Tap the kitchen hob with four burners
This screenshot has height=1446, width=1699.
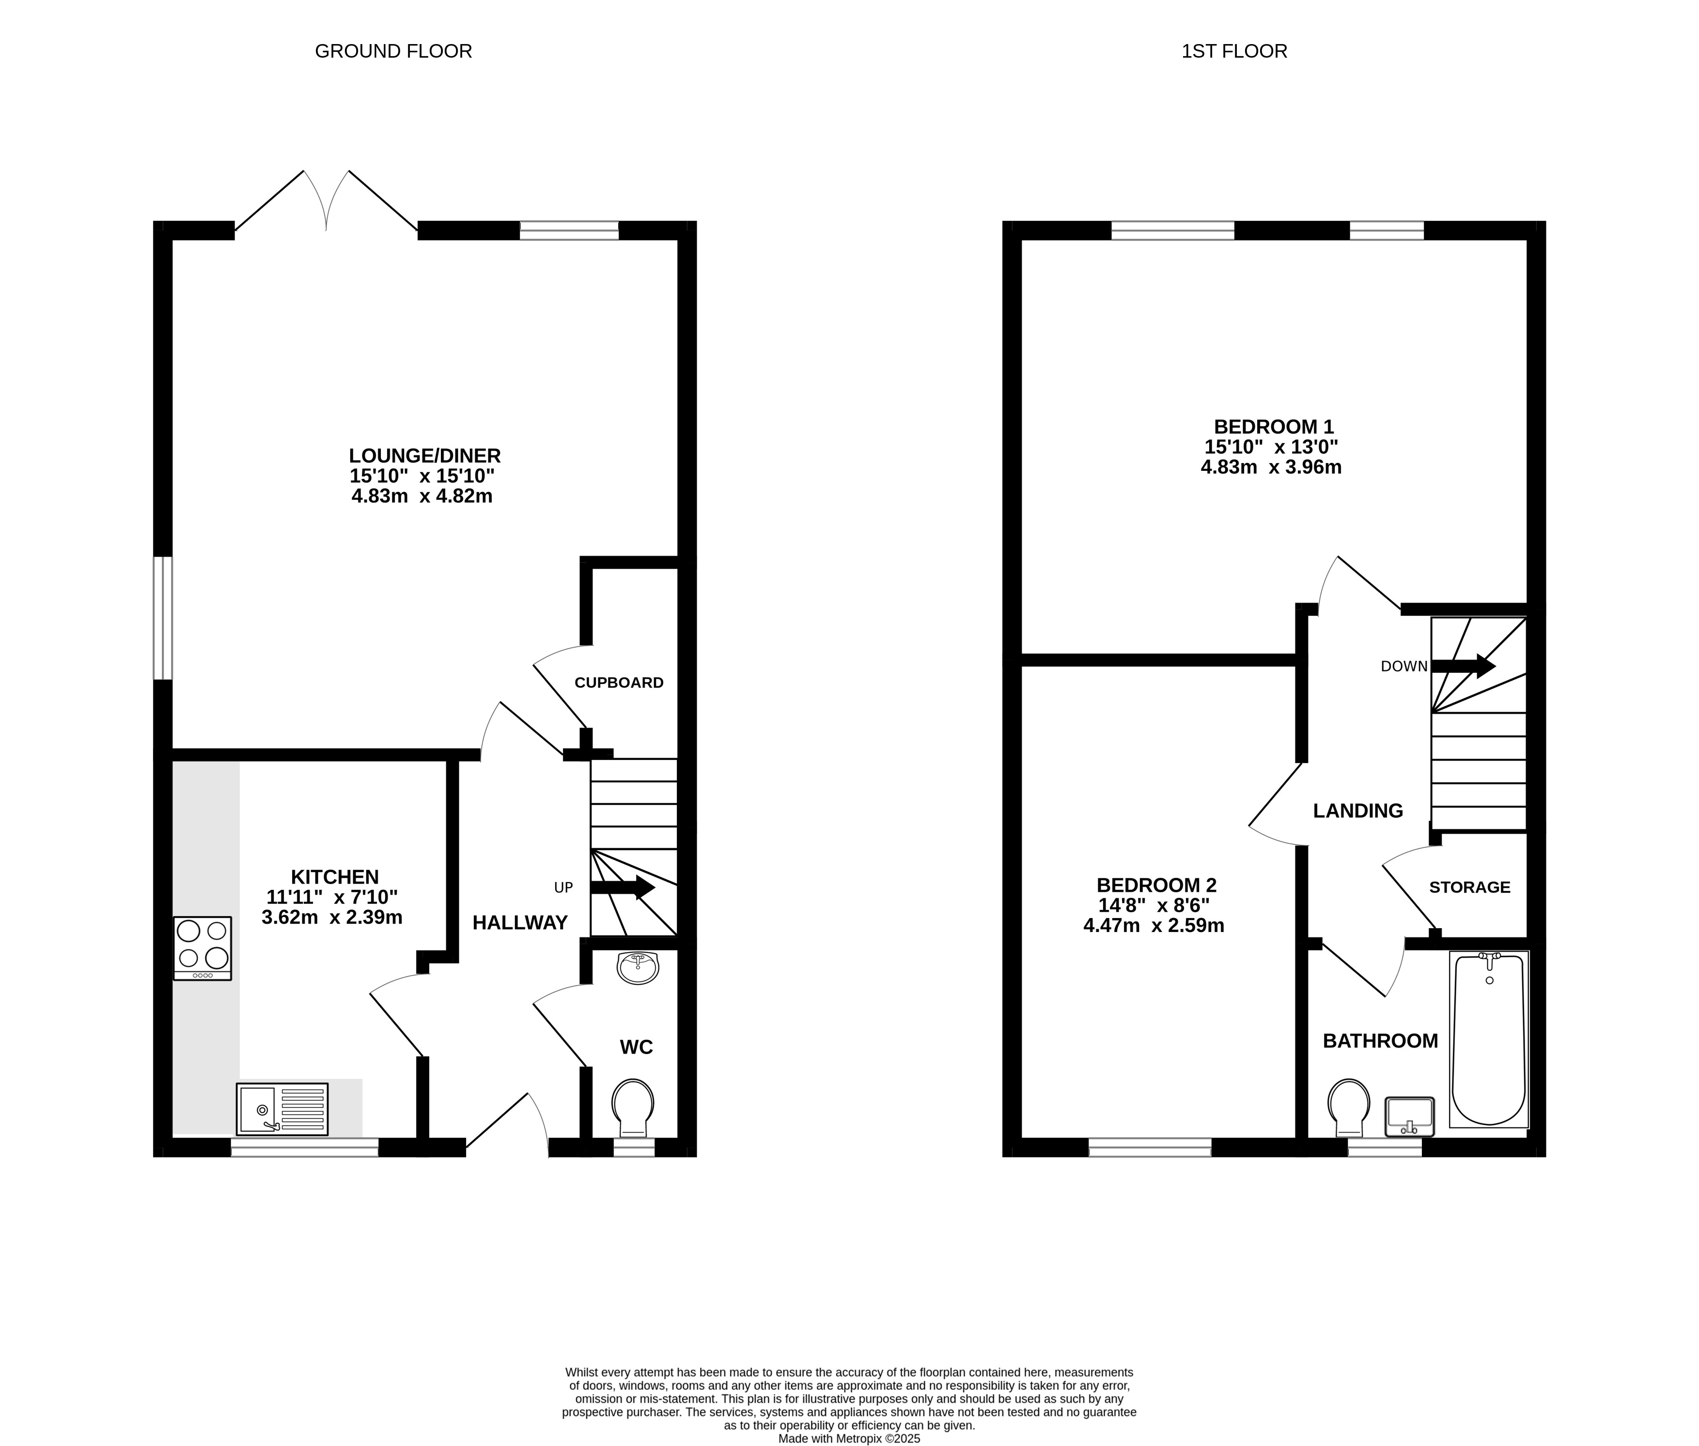click(x=203, y=948)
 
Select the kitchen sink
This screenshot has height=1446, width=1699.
click(x=282, y=1109)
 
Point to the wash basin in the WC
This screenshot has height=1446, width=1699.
click(x=638, y=967)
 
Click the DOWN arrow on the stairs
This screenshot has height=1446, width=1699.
click(x=1463, y=666)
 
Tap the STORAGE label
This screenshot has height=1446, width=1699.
click(x=1469, y=887)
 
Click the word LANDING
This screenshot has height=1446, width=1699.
click(x=1358, y=811)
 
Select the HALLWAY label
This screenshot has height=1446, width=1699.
click(x=520, y=923)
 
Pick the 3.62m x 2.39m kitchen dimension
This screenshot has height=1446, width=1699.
click(x=332, y=917)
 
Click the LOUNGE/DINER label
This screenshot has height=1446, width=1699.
click(x=424, y=456)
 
